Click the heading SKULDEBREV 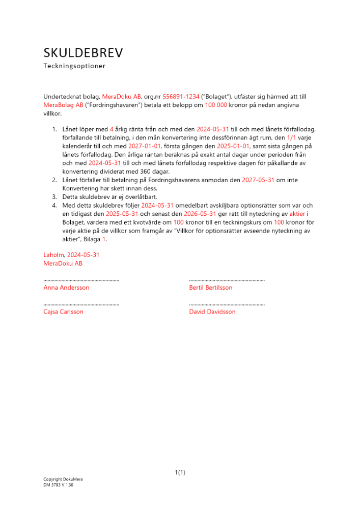tap(83, 53)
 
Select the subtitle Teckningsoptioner tap(74, 66)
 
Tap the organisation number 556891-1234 tap(183, 96)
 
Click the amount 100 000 tap(216, 105)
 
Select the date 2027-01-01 tap(144, 146)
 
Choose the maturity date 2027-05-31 tap(259, 180)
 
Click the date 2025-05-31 tap(122, 214)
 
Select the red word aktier tap(298, 214)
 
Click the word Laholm tap(52, 255)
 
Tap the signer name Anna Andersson tap(66, 288)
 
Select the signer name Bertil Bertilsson tap(210, 288)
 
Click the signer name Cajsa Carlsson tap(64, 312)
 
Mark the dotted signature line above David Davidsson tap(227, 304)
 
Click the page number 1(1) tap(180, 473)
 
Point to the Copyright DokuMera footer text tap(63, 479)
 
